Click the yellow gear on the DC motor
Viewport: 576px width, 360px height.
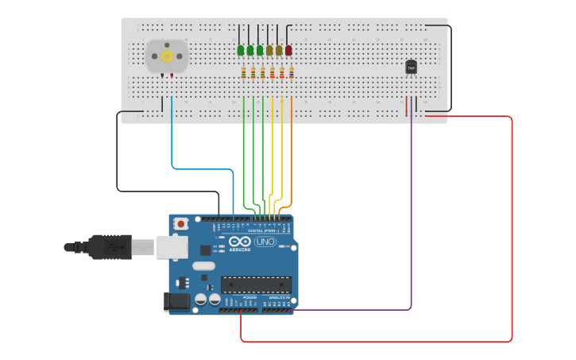coord(167,56)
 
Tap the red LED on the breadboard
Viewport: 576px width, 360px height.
coord(288,51)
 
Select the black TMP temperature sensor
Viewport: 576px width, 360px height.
coord(411,68)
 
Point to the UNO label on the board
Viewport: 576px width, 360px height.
coord(265,242)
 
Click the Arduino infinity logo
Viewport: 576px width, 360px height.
coord(240,242)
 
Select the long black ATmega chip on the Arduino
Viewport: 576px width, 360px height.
coord(256,284)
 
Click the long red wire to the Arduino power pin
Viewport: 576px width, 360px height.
coord(512,238)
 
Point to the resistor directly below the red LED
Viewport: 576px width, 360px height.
coord(292,73)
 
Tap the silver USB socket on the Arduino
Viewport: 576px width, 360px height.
coord(171,247)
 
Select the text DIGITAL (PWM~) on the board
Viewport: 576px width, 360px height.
coord(264,230)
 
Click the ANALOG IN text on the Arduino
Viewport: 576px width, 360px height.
coord(278,297)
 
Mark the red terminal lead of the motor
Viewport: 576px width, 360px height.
coord(172,75)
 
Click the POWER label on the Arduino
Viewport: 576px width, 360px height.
coord(239,297)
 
